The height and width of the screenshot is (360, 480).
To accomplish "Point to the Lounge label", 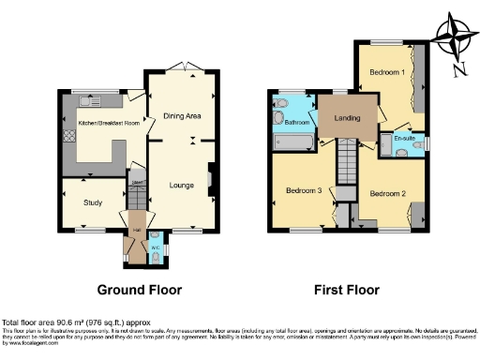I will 181,186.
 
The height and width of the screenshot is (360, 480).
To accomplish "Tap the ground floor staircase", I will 137,197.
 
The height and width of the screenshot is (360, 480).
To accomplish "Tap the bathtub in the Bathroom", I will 293,142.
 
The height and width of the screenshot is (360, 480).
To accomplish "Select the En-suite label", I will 404,139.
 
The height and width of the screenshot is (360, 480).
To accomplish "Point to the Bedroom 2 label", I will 386,193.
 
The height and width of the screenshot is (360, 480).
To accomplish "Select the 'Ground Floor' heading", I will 139,290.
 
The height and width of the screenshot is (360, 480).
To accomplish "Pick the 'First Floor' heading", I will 347,290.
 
